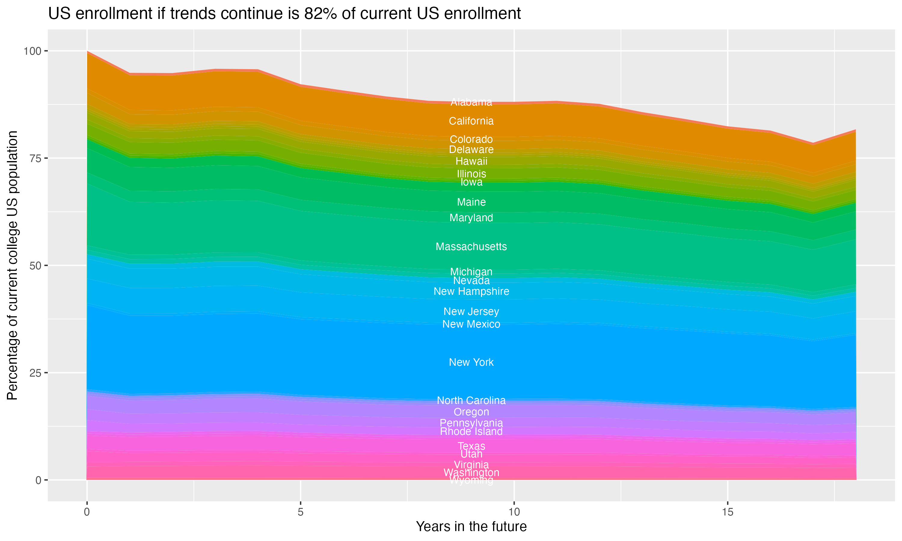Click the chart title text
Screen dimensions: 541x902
(x=284, y=14)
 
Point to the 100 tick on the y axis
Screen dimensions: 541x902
(x=33, y=51)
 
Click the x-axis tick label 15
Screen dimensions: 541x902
(x=727, y=512)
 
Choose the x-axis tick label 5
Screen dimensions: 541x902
(x=300, y=512)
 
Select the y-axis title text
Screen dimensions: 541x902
(x=12, y=265)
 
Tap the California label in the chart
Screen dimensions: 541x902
(x=471, y=121)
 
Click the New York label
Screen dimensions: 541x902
(x=471, y=362)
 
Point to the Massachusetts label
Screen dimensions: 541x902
(x=471, y=247)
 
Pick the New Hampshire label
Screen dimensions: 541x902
(x=471, y=292)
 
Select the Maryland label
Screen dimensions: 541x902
(x=471, y=218)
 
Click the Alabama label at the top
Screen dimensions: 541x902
(x=471, y=102)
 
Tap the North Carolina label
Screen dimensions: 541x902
(x=471, y=401)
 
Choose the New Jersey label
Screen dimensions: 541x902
(x=471, y=312)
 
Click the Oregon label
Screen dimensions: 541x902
(x=471, y=412)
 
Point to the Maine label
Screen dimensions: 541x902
(x=471, y=202)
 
